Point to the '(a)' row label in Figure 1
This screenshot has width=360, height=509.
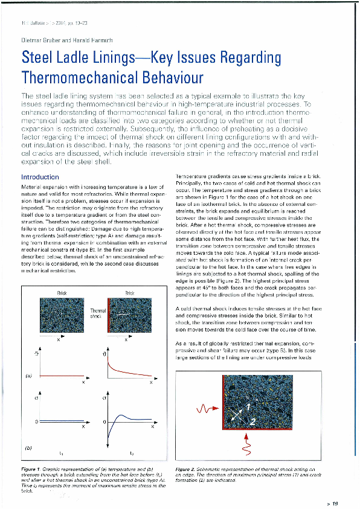pos(27,375)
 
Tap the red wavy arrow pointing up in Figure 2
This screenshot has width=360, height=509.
pos(246,446)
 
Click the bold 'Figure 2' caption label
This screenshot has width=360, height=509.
pos(185,469)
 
